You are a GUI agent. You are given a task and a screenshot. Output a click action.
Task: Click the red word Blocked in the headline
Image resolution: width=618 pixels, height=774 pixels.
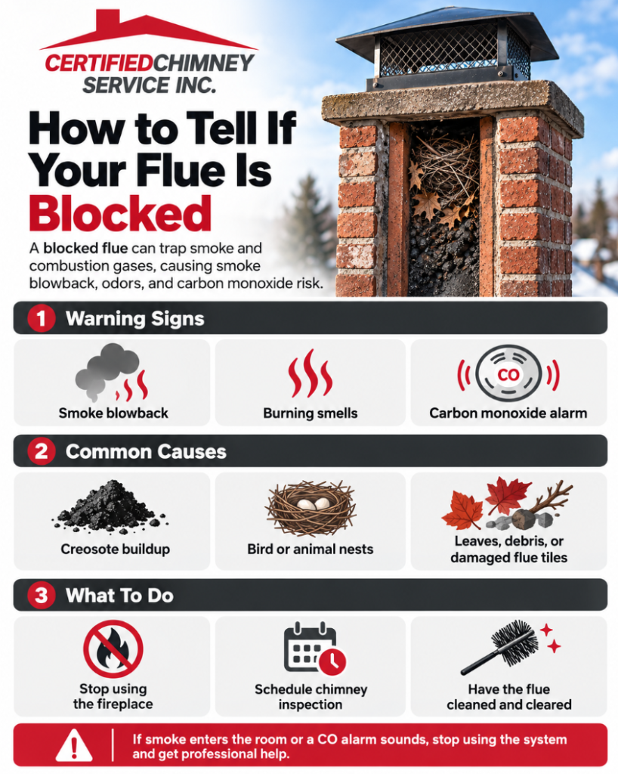120,213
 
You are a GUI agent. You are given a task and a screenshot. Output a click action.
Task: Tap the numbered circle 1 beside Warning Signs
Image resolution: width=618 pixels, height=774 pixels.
42,318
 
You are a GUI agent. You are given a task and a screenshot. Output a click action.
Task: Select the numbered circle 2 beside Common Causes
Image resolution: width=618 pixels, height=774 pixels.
42,451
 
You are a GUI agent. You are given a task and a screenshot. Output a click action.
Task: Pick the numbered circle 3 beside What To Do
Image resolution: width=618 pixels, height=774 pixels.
42,595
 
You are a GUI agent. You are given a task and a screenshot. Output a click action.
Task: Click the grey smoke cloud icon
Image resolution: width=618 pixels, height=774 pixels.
107,370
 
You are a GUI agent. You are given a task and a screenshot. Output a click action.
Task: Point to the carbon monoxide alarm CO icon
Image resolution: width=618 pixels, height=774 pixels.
508,373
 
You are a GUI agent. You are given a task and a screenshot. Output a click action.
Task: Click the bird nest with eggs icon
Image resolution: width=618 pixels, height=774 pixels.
311,509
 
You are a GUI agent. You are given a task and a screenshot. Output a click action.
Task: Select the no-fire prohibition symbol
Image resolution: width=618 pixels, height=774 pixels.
113,649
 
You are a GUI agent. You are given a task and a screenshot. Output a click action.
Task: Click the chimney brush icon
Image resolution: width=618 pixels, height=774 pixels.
508,647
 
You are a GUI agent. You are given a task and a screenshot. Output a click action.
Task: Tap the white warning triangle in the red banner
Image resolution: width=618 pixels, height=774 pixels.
74,745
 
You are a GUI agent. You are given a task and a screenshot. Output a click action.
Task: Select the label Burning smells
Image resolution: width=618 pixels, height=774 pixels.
311,413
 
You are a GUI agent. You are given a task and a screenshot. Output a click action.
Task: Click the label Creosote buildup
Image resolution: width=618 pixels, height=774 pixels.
115,549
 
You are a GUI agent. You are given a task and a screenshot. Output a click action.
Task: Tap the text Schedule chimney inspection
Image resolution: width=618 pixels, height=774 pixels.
311,696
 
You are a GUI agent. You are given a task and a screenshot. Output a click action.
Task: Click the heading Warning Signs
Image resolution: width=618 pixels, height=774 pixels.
134,319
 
